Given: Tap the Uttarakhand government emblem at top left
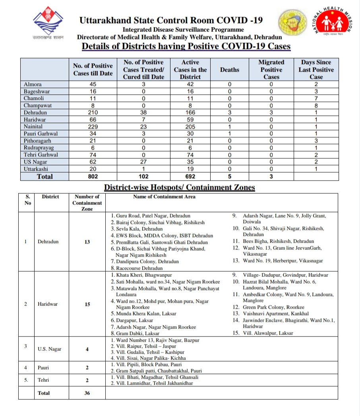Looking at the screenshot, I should [48, 22].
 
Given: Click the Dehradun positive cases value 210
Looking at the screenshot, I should [93, 113].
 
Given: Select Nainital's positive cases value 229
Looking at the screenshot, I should [93, 126].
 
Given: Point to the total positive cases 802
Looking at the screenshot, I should [93, 176].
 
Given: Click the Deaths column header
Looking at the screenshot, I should [230, 70].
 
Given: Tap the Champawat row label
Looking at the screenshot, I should [38, 106].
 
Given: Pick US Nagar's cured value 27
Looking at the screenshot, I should [143, 162].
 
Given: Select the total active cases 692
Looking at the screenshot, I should [190, 176].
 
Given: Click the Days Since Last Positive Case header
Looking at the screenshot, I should [316, 70].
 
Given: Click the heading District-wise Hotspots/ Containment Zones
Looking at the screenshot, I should [179, 187].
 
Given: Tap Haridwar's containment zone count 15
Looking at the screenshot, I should [87, 304].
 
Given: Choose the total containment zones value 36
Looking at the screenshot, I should [87, 393].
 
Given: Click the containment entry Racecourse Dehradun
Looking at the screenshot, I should [137, 268].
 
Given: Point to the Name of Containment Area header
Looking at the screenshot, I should [164, 196].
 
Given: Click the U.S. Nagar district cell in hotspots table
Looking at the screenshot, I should [50, 349].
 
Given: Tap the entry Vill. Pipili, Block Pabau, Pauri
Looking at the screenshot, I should [146, 364].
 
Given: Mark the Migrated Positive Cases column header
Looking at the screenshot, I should [271, 70].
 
